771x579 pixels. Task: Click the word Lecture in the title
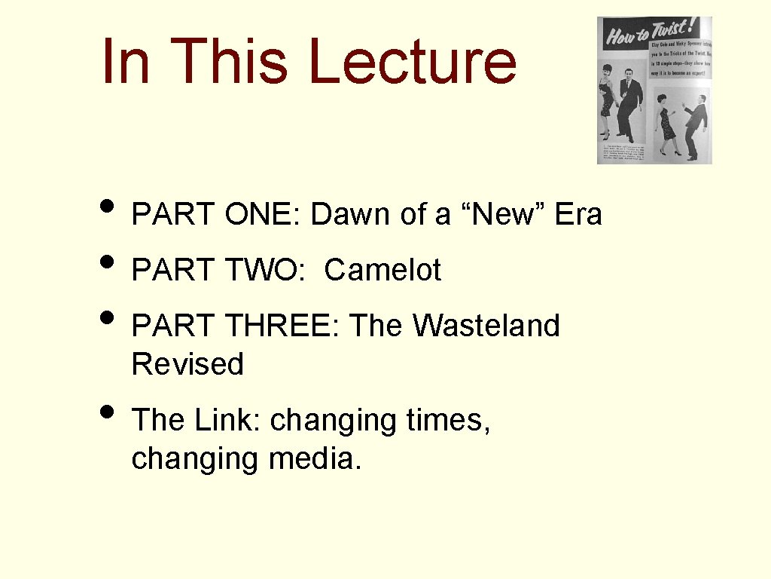tap(412, 61)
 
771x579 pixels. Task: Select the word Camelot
tap(382, 271)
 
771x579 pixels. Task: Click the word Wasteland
tap(486, 326)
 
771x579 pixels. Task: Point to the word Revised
tap(187, 365)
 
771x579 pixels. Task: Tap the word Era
tap(579, 215)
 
